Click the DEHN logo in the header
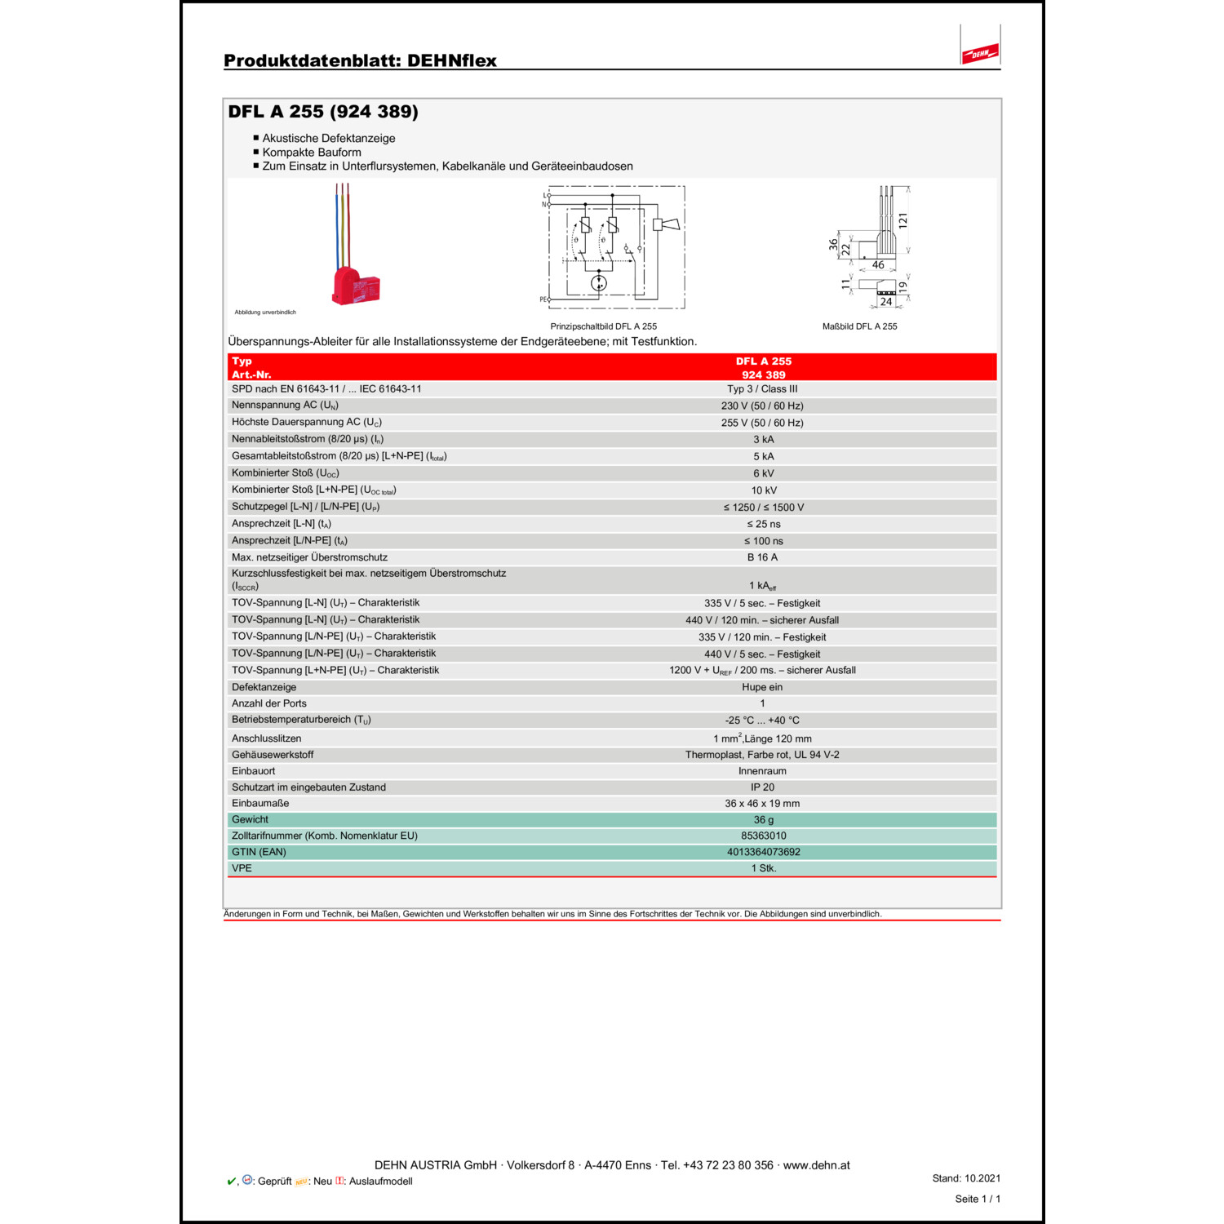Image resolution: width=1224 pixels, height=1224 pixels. (980, 54)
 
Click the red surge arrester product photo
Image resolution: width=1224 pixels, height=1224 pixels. (355, 286)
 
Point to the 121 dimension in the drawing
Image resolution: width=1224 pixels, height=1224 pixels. (902, 220)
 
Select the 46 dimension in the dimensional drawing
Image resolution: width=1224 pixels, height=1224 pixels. (878, 265)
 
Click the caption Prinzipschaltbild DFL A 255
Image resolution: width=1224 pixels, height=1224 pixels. (603, 326)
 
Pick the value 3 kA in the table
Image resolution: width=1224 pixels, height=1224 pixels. (763, 440)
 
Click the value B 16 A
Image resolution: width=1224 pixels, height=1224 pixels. (762, 557)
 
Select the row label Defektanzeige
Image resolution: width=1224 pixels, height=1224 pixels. (264, 687)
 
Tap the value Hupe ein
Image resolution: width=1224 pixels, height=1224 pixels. (762, 687)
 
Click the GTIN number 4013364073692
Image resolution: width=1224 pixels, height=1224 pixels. (763, 852)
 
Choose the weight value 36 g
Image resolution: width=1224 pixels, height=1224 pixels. (763, 820)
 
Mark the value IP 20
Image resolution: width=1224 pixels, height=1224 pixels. (762, 787)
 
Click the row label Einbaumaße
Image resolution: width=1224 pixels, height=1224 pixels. (260, 804)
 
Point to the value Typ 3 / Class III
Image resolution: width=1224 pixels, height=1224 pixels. (762, 389)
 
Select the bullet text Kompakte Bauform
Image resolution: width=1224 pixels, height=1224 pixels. (312, 153)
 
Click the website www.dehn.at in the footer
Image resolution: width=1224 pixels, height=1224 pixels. (816, 1165)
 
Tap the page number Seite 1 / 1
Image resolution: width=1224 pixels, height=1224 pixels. (977, 1199)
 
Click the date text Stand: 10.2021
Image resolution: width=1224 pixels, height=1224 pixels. (966, 1178)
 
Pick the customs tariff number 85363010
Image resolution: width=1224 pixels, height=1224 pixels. (763, 836)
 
